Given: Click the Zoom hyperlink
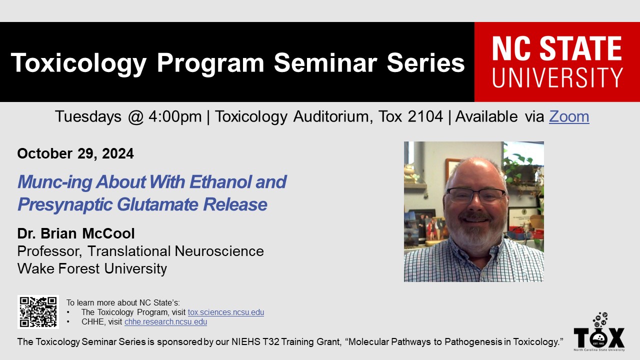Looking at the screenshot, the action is coord(569,116).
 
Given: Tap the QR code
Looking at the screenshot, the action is coord(38,312).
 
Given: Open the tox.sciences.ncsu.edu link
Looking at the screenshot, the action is coord(225,312).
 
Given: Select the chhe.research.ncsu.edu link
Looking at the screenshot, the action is coord(165,321).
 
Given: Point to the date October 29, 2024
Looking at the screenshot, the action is coord(75,153).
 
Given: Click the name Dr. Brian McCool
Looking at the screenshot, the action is coord(75,233).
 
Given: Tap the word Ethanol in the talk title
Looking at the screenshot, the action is coord(221,181).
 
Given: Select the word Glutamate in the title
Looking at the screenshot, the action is coord(157,204).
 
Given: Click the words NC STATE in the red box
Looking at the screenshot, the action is coord(557,48).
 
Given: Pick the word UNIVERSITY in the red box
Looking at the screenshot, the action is coord(557,77).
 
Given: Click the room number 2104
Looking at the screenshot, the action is coord(425,116).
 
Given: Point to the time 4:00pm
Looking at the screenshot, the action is coord(175,117).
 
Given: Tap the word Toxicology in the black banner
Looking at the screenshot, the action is coord(78,63).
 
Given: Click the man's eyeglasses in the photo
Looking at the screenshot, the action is coord(475,195).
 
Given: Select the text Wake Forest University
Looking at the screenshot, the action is coord(92,268).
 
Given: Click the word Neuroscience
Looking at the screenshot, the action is coord(219,251).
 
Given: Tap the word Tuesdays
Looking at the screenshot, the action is coord(88,117).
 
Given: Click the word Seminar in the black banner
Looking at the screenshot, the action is coord(325,63).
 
